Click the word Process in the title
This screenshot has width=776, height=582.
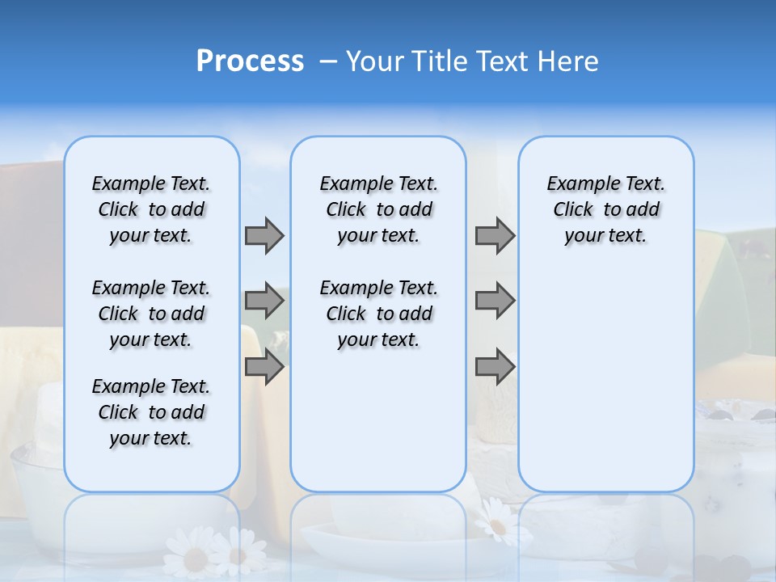pos(250,61)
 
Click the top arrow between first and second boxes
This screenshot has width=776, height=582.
pos(264,235)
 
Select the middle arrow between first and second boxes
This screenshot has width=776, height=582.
pos(264,302)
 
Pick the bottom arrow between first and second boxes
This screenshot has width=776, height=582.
pos(264,367)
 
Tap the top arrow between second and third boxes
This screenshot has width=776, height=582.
pos(495,235)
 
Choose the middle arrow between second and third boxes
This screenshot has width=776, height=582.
pos(495,302)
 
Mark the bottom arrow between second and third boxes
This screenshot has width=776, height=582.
pos(495,367)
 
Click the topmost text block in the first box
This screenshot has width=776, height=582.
pos(151,209)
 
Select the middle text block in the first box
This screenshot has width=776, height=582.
pos(151,314)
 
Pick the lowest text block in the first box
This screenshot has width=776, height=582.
pos(151,412)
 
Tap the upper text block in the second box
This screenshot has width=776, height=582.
pos(378,209)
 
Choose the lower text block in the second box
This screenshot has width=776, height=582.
pos(378,314)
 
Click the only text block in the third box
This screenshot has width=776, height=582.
pos(605,209)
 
